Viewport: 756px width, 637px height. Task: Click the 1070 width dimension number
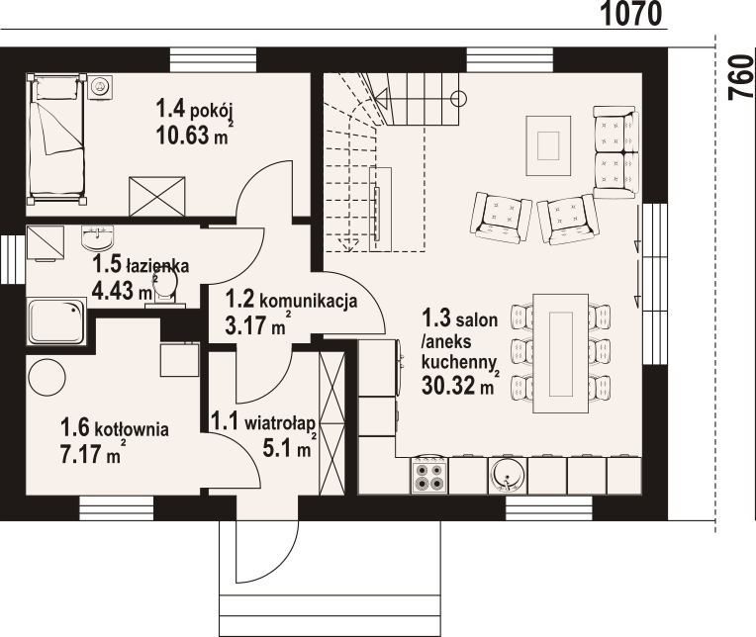631,14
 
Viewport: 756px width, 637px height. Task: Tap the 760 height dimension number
741,77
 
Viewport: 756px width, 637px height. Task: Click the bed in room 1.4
56,138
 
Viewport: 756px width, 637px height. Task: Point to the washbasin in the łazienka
98,238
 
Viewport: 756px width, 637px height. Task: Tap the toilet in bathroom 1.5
166,288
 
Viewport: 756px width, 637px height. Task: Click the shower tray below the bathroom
56,321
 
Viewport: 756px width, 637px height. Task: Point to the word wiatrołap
280,423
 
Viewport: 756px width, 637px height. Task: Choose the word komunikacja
309,301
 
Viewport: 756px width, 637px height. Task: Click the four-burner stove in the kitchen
429,475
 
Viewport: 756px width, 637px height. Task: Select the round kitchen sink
508,475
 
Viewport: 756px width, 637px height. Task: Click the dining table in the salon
560,353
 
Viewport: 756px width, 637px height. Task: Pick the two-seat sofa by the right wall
615,152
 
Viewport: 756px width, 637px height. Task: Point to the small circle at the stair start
458,99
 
